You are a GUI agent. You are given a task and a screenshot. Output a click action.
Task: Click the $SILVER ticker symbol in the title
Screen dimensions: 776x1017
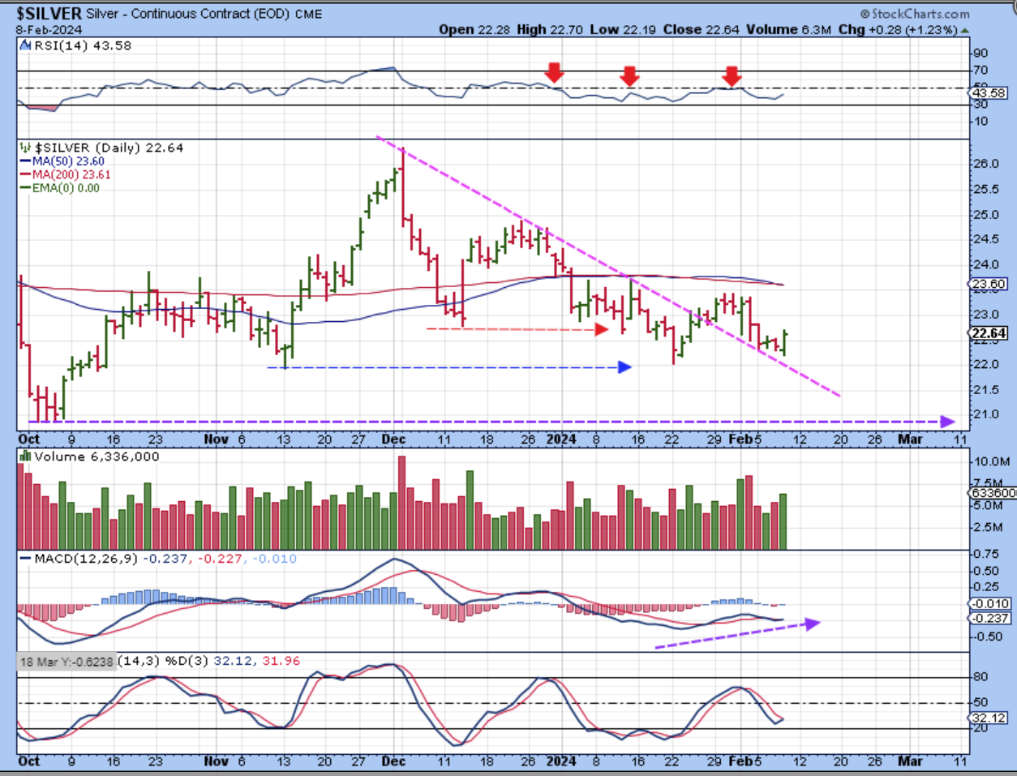click(x=49, y=14)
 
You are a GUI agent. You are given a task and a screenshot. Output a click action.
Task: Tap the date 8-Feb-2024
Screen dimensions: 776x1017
click(x=48, y=30)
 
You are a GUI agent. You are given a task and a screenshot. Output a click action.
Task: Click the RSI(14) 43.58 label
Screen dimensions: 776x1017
click(x=82, y=46)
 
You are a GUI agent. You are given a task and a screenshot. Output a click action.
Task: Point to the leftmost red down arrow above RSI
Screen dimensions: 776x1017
click(x=554, y=72)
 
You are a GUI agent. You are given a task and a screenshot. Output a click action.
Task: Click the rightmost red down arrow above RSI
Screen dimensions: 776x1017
click(x=732, y=75)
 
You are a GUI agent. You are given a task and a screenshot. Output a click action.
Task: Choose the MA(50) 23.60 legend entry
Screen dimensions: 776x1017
click(x=68, y=161)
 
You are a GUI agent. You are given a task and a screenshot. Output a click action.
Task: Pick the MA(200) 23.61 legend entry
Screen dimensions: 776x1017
click(x=71, y=174)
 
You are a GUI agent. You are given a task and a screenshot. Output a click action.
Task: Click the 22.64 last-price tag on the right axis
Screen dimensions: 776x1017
click(x=987, y=333)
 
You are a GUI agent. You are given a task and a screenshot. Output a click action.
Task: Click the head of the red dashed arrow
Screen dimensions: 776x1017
click(x=602, y=328)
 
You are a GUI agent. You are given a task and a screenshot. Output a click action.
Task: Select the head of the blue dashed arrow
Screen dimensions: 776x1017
click(x=624, y=367)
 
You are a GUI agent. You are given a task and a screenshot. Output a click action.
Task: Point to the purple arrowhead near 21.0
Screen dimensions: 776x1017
click(x=946, y=421)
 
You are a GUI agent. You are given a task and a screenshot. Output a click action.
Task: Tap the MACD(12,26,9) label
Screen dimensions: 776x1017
click(x=86, y=559)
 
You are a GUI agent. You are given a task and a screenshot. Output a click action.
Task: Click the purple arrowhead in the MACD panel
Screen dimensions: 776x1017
click(x=813, y=623)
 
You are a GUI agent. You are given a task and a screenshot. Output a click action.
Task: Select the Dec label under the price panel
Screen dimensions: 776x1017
click(x=394, y=439)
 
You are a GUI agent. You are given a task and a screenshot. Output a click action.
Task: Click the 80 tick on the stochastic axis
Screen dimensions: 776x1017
click(x=981, y=677)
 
